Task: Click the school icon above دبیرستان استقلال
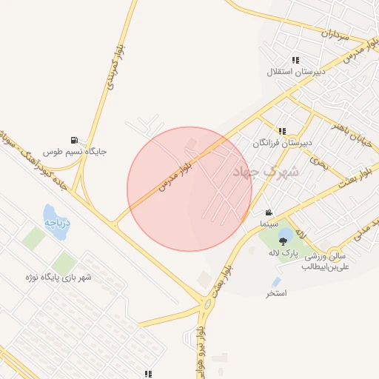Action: click(295, 60)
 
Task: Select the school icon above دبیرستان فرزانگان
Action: click(282, 130)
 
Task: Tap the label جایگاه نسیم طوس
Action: click(74, 152)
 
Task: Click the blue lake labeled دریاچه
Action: click(55, 218)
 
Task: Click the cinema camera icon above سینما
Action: click(268, 212)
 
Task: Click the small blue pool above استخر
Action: click(276, 282)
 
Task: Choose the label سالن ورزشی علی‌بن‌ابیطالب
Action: click(323, 263)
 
